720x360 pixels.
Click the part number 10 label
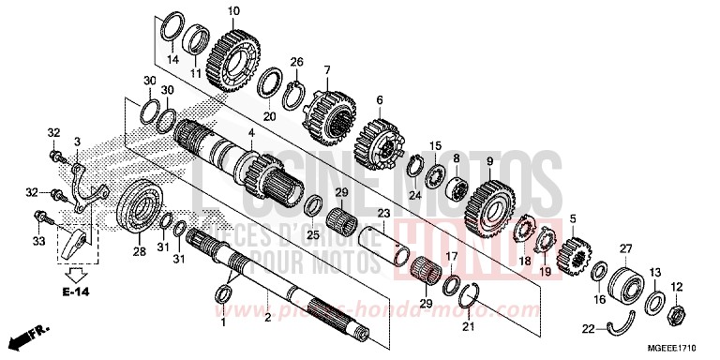(233, 10)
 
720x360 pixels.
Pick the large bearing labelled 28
(141, 205)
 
